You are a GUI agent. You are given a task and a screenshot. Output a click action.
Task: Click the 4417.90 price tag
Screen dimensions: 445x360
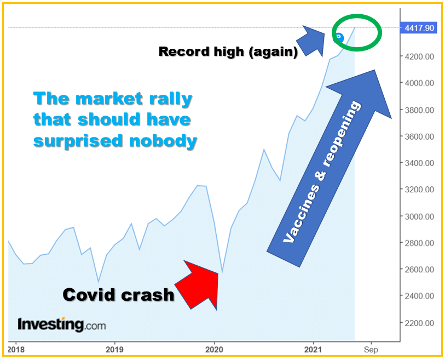(x=418, y=28)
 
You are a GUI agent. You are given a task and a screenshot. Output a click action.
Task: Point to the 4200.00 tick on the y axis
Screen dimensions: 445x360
(x=419, y=56)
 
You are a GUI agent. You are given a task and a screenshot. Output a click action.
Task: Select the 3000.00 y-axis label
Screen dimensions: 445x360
(x=419, y=216)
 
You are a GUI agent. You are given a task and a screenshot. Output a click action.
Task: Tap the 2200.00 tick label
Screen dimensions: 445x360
(x=419, y=323)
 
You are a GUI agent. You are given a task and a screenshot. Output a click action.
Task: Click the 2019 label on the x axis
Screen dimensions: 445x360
(x=114, y=349)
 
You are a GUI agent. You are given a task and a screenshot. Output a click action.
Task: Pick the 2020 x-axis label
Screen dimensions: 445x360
(x=214, y=349)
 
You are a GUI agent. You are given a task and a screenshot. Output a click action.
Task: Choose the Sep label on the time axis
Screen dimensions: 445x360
(x=371, y=349)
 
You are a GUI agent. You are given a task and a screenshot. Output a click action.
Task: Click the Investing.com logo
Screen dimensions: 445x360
(x=62, y=324)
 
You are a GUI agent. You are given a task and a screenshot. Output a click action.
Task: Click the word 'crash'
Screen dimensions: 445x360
(x=148, y=295)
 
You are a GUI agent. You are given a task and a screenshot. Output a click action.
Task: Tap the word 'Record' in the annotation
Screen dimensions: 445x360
(x=184, y=52)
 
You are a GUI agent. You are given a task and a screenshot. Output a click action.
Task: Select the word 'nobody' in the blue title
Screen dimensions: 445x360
(x=163, y=141)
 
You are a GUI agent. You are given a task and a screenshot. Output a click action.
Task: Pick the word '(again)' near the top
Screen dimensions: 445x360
(x=274, y=52)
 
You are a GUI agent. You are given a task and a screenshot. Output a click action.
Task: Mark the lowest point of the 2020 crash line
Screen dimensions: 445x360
(x=222, y=272)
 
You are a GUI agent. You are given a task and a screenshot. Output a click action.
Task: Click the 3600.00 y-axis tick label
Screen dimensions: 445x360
(x=419, y=136)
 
